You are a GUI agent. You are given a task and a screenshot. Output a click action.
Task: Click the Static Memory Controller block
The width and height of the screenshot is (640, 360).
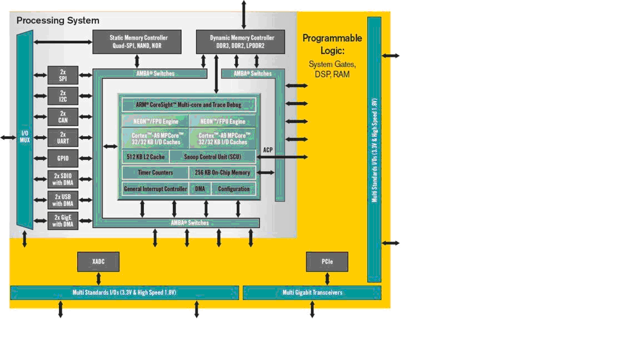(x=137, y=42)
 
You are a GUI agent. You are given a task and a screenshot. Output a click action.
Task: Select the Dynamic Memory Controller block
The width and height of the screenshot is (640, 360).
(x=243, y=42)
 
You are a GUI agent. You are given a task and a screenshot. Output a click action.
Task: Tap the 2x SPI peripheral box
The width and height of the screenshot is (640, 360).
(x=63, y=76)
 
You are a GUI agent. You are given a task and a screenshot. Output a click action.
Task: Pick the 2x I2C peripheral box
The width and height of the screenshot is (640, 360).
(x=63, y=96)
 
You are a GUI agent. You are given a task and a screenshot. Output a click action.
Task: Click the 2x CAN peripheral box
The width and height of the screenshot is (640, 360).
(x=63, y=117)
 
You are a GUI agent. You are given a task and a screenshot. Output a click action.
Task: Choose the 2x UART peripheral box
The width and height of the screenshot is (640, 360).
(x=63, y=137)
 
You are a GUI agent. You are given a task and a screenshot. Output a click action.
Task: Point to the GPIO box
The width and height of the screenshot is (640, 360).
(x=63, y=158)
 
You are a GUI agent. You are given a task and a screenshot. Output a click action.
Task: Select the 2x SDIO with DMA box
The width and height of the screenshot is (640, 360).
(x=63, y=179)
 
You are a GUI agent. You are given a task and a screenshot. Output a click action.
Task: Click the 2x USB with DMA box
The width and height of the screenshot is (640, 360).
(x=63, y=200)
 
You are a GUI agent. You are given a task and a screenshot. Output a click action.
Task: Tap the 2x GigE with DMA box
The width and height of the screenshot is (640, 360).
(x=63, y=221)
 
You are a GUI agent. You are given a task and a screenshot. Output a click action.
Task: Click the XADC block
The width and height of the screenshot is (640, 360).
(x=98, y=262)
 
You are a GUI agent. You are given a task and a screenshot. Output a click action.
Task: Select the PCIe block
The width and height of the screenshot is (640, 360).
(x=327, y=262)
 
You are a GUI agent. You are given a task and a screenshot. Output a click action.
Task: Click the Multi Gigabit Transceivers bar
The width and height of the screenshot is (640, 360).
(x=312, y=293)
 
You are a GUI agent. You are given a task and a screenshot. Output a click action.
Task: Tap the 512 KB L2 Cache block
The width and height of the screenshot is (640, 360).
(x=145, y=157)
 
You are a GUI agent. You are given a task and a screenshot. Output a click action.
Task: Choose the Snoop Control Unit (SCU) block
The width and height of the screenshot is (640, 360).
(x=212, y=157)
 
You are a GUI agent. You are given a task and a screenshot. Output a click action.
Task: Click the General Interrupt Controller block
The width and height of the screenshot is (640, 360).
(x=156, y=189)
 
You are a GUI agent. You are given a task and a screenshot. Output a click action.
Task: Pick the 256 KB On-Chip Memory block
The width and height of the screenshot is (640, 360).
(x=223, y=173)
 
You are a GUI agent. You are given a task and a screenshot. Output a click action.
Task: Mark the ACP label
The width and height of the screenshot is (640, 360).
(x=268, y=150)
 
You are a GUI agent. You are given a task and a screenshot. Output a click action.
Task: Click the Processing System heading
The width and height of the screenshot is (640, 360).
(x=58, y=21)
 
